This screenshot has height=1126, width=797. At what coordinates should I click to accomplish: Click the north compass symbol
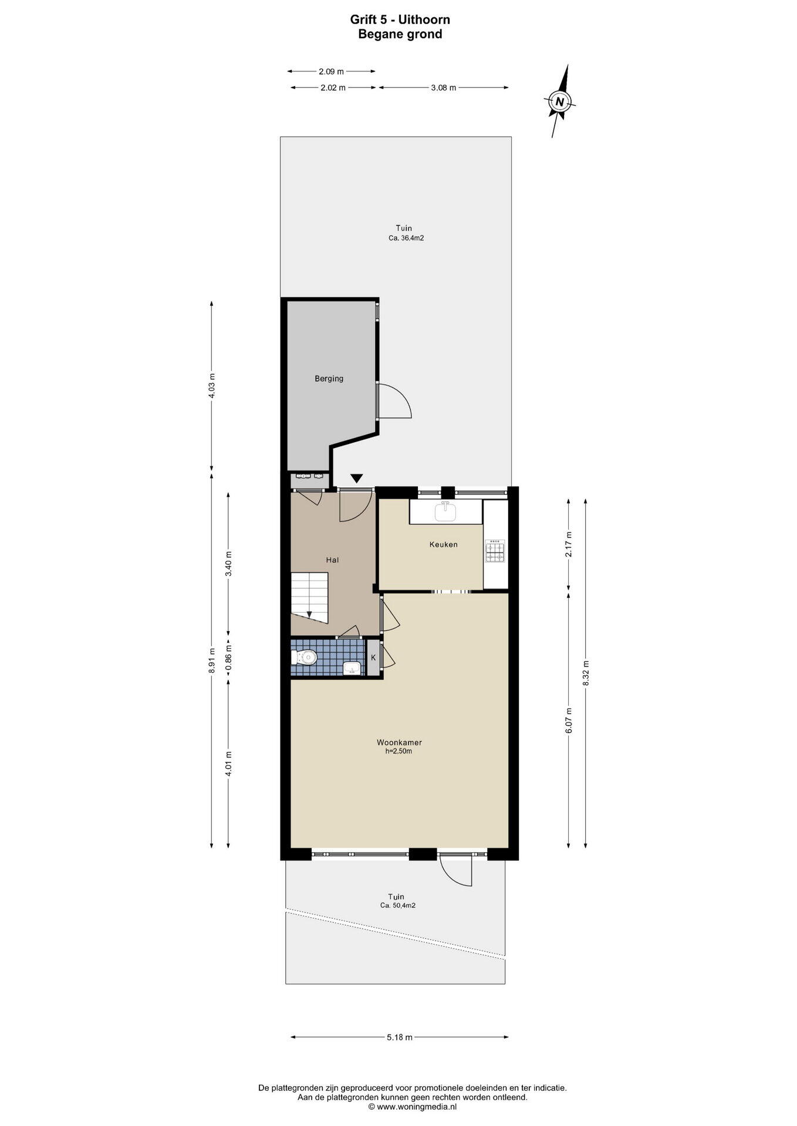point(560,101)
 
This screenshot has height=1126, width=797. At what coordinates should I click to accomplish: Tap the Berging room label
point(329,379)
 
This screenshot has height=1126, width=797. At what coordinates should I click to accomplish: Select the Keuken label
point(443,544)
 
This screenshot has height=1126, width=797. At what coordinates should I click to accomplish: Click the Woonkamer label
point(399,742)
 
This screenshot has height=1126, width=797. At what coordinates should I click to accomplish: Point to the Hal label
point(332,560)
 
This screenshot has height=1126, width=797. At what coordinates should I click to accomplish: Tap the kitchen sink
point(445,512)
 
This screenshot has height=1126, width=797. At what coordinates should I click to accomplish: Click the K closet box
point(373,657)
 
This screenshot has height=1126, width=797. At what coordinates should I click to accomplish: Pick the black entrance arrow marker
point(357,479)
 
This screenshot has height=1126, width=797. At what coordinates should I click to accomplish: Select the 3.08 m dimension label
point(443,88)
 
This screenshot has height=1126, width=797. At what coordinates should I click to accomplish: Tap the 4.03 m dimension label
point(212,386)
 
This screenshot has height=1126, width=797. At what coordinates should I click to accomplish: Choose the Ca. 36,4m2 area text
point(406,239)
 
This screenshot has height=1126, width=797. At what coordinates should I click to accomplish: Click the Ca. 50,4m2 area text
point(397,905)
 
